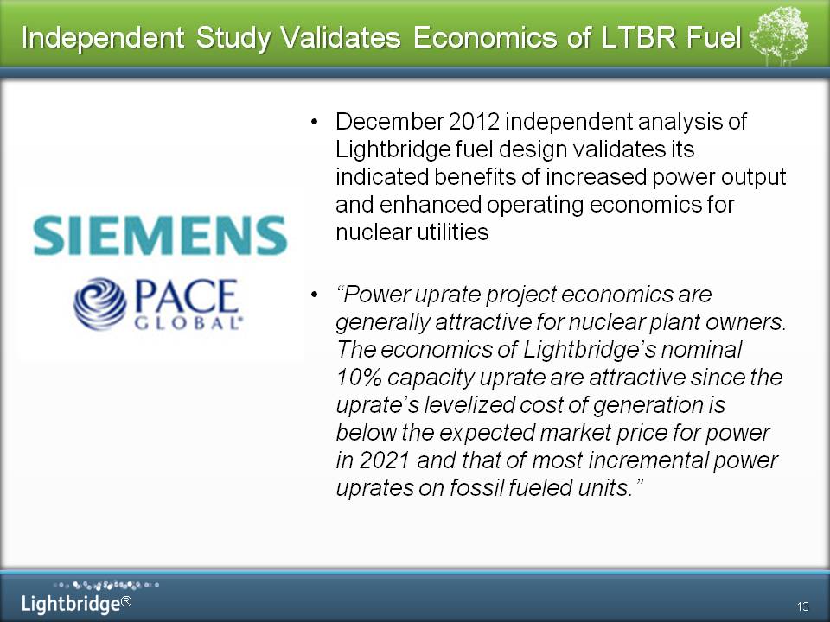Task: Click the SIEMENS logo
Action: [x=160, y=235]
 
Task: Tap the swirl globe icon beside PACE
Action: [x=100, y=303]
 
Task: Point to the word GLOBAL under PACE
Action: [x=188, y=323]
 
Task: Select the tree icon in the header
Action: [x=779, y=35]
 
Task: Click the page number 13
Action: [x=802, y=606]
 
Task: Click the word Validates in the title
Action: [x=341, y=37]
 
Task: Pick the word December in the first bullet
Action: [x=389, y=122]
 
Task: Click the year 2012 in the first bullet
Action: [x=475, y=122]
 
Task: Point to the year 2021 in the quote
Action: [x=385, y=460]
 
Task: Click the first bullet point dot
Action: [x=315, y=122]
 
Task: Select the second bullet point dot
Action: [x=315, y=295]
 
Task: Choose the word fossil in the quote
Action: [x=476, y=487]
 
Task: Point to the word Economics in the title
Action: [x=485, y=37]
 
